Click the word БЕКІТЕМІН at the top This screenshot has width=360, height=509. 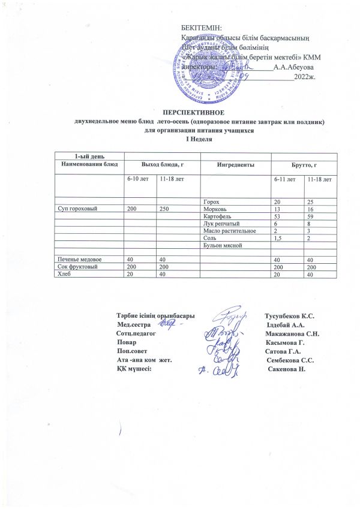click(201, 28)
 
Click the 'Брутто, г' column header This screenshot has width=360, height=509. click(303, 164)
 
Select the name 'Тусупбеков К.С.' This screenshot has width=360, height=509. click(290, 316)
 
